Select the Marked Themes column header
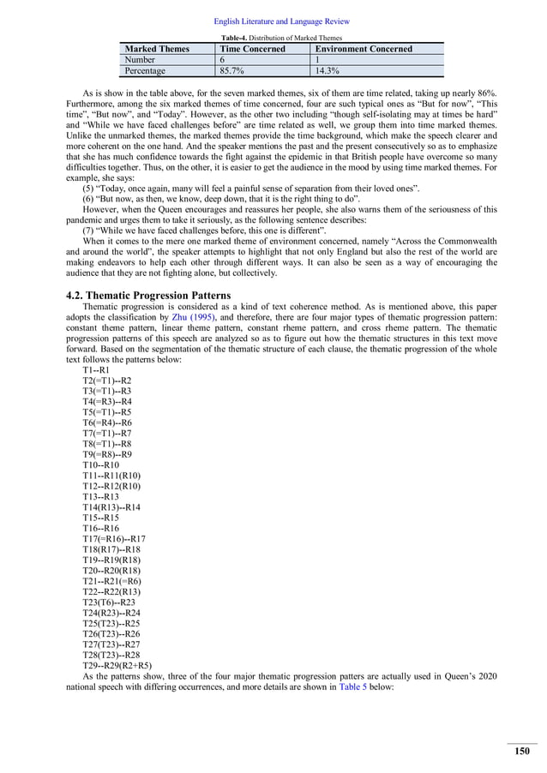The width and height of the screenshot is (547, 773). pos(155,49)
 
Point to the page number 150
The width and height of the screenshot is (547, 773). pos(522,752)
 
